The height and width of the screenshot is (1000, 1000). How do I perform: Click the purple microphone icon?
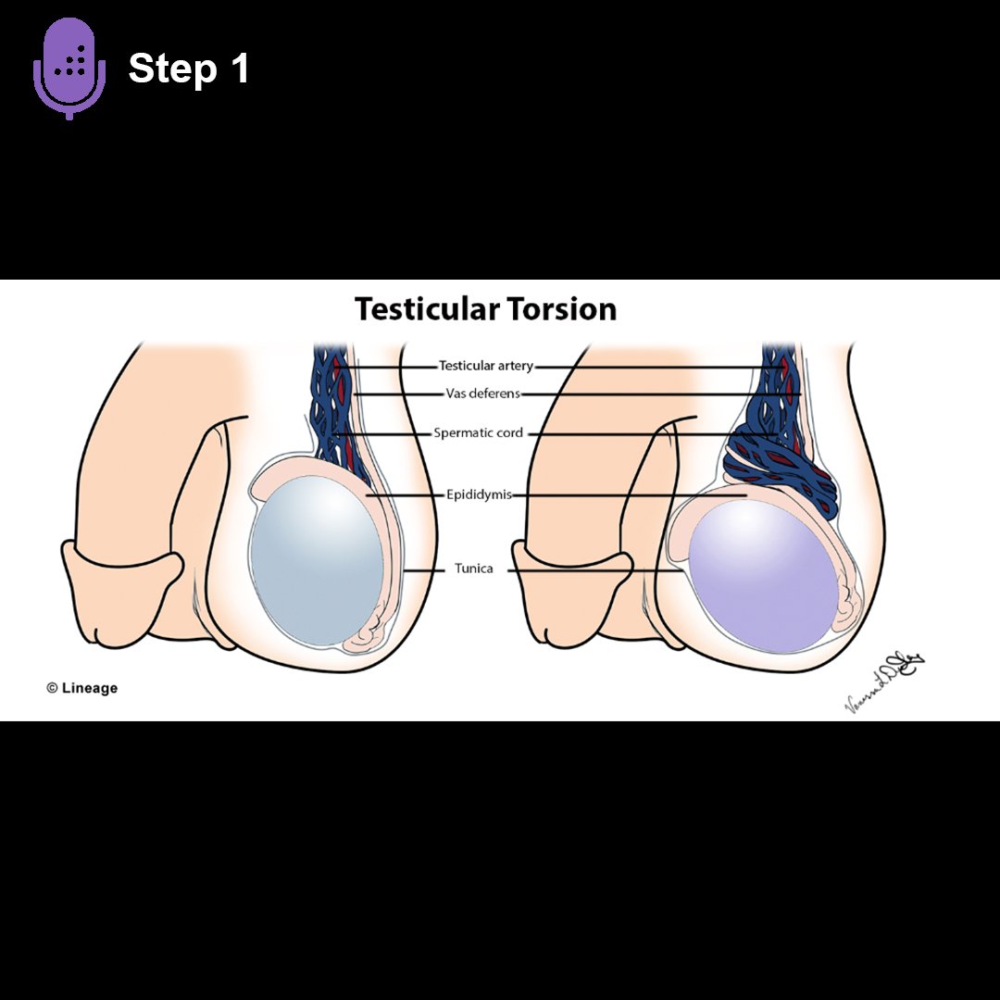(x=69, y=67)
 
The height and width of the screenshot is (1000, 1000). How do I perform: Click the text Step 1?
(x=189, y=69)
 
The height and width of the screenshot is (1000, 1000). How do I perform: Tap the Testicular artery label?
(x=486, y=366)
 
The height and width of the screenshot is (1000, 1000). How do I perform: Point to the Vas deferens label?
(x=482, y=394)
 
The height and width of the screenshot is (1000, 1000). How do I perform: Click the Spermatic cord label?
(x=478, y=432)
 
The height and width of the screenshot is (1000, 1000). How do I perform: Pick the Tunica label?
(x=473, y=569)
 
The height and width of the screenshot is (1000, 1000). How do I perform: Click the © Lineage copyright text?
(x=82, y=688)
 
